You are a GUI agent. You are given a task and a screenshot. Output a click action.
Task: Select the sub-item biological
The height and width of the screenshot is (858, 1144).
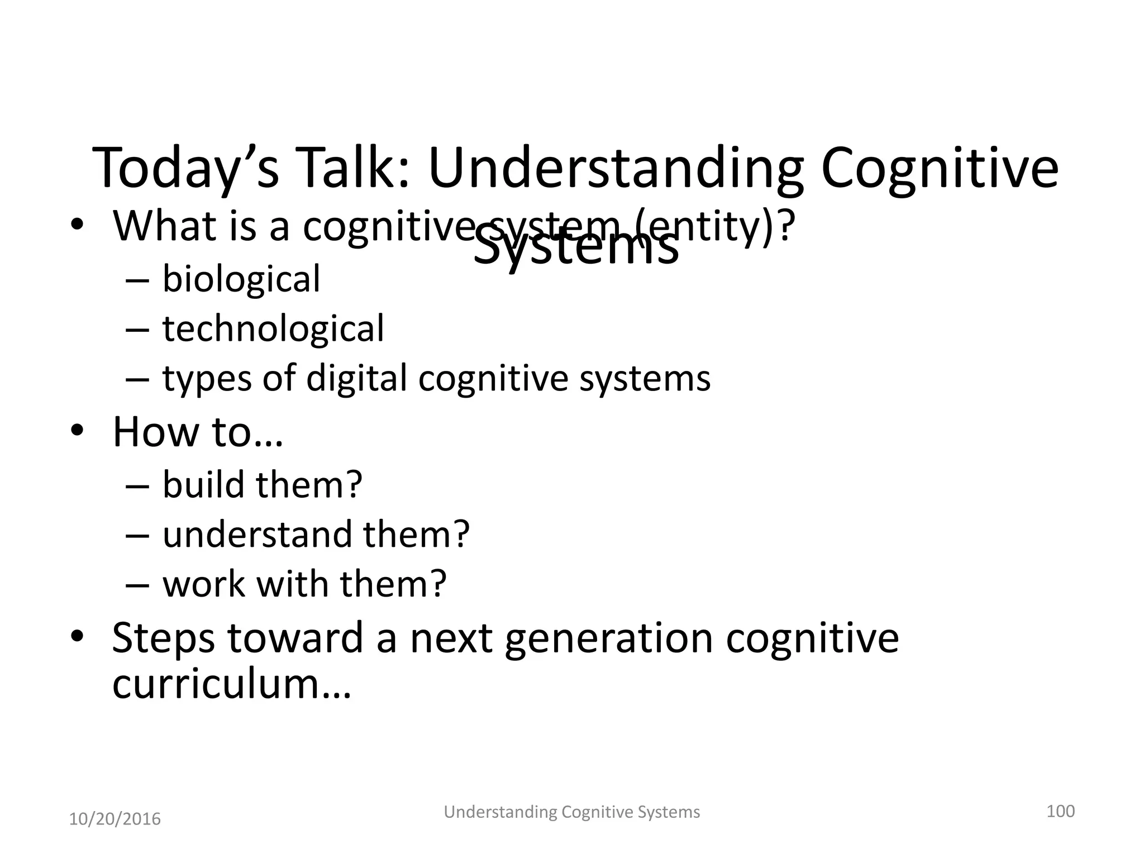pyautogui.click(x=241, y=279)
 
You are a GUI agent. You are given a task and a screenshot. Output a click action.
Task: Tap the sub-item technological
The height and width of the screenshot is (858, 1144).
pyautogui.click(x=273, y=328)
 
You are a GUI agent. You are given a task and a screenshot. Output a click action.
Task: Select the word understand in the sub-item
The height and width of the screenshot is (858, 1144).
pyautogui.click(x=257, y=535)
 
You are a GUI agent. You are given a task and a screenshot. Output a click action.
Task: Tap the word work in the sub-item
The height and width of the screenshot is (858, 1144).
pyautogui.click(x=203, y=584)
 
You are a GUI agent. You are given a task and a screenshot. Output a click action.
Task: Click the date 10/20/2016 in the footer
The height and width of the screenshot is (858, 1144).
pyautogui.click(x=115, y=819)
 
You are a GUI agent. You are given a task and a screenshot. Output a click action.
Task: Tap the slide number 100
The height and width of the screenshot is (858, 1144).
pyautogui.click(x=1060, y=811)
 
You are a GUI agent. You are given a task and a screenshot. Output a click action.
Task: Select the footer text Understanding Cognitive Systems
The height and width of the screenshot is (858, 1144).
pyautogui.click(x=571, y=812)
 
